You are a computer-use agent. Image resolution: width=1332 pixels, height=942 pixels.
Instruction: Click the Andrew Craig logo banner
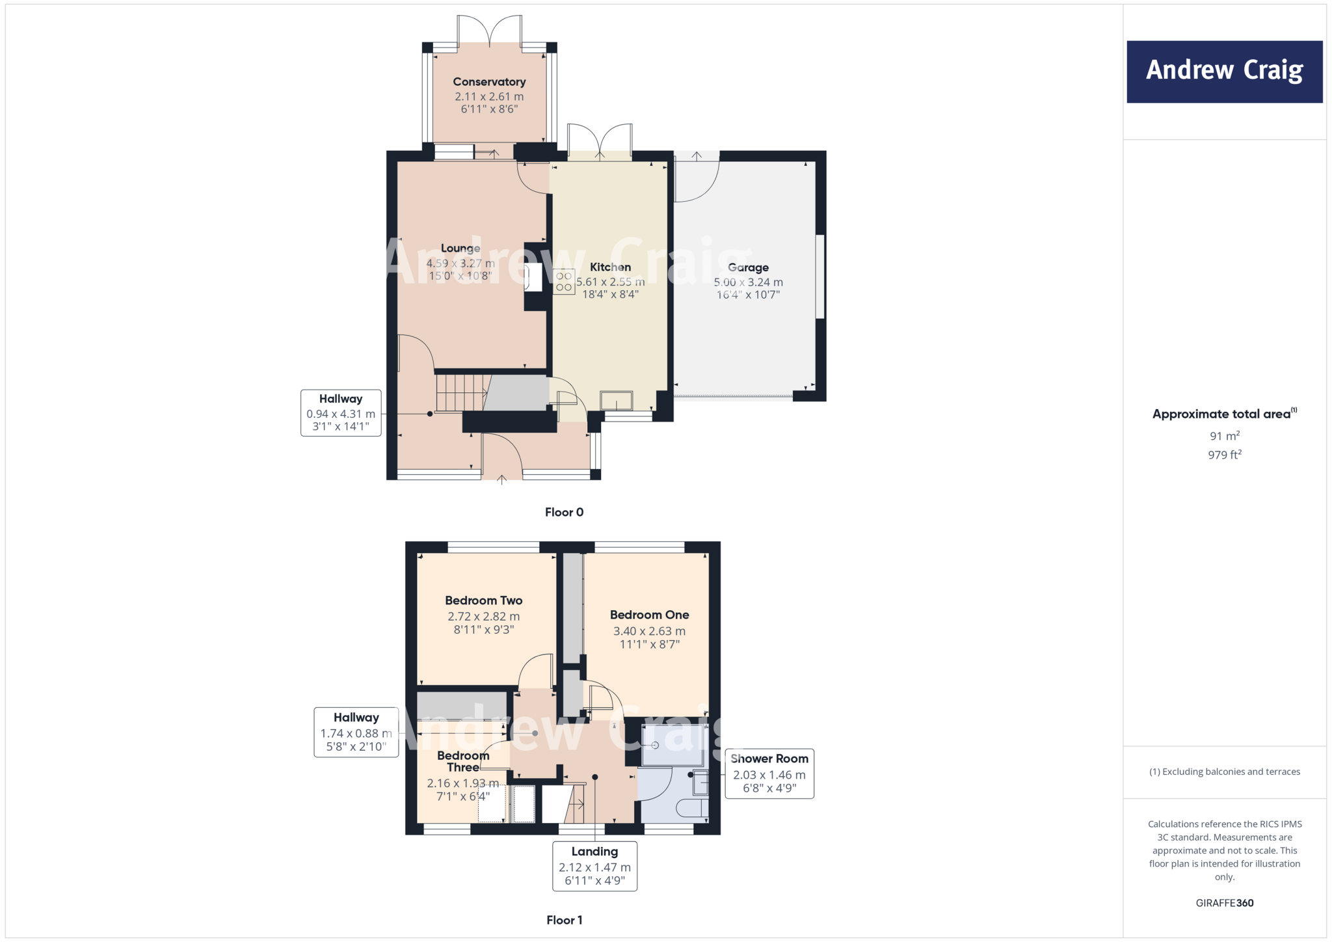pos(1224,72)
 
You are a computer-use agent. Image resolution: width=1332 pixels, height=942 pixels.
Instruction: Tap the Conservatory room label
pos(489,82)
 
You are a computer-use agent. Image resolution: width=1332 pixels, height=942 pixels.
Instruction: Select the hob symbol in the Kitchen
pos(564,282)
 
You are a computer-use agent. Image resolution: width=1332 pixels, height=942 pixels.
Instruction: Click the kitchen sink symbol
pos(616,400)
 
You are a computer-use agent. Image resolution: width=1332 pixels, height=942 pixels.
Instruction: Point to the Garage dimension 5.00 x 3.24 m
pos(748,282)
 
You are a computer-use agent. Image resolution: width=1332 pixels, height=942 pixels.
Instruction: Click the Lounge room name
pos(460,249)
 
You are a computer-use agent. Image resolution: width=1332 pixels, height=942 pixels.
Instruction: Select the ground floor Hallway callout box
pos(341,412)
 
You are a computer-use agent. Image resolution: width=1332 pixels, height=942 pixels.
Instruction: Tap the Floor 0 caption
pos(564,512)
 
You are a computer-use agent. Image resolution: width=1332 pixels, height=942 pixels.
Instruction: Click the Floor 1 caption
pos(564,920)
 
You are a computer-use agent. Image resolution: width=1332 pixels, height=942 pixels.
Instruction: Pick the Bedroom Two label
pos(483,600)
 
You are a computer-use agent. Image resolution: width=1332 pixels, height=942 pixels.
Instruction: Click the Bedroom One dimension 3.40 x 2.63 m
pos(649,631)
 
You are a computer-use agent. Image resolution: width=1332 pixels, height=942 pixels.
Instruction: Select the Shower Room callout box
pos(769,773)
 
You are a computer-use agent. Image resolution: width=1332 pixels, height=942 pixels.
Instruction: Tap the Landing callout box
pos(594,866)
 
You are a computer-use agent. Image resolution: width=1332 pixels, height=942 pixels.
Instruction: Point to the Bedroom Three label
pos(463,761)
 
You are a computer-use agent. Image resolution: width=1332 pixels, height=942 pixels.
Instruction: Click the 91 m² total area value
pos(1224,436)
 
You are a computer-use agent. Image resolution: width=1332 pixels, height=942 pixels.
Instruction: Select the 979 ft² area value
pos(1224,455)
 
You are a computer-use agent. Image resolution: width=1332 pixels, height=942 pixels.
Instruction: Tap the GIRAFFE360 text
pos(1224,903)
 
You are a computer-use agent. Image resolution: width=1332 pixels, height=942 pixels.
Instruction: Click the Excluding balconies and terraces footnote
pos(1224,772)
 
